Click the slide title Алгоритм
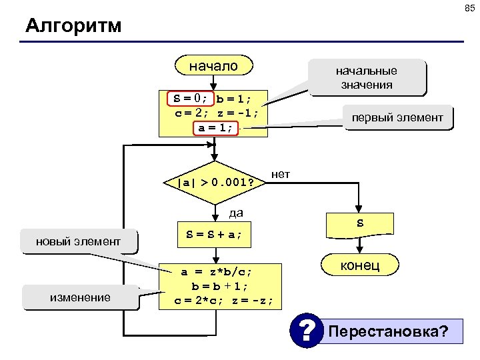point(73,26)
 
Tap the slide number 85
point(469,8)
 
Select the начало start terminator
point(213,66)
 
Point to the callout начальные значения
point(366,78)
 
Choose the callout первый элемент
point(397,118)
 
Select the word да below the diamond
point(235,214)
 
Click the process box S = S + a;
point(214,235)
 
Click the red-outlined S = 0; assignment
point(189,99)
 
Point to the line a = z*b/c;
point(217,271)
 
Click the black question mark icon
point(306,331)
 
